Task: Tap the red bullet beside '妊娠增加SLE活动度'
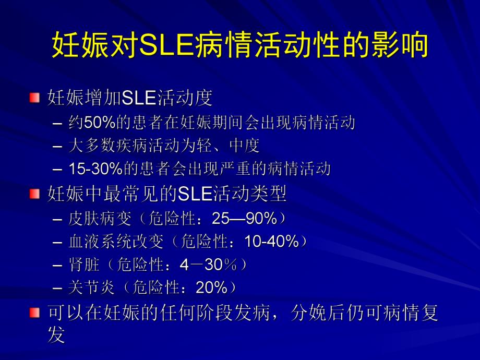(x=35, y=98)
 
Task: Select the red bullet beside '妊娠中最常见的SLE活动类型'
(x=35, y=195)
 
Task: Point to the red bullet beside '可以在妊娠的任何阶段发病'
(x=35, y=313)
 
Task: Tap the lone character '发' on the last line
(x=56, y=335)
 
